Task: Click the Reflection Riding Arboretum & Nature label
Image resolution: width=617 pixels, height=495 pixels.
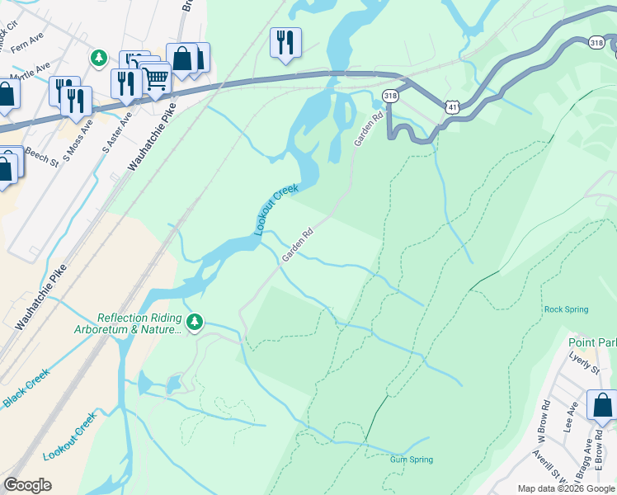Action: point(139,323)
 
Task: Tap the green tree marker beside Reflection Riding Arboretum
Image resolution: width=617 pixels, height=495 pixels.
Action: point(194,322)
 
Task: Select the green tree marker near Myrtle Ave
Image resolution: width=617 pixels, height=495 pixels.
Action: point(99,57)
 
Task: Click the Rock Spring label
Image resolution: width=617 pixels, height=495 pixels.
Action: point(566,309)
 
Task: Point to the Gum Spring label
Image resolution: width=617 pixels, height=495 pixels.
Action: point(411,460)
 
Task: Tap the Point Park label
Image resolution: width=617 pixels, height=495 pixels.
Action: point(592,342)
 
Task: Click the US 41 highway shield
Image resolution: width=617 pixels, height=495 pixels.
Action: point(451,107)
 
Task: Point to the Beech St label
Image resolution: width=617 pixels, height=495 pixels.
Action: point(40,148)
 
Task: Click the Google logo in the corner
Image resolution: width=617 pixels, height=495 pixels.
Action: point(27,484)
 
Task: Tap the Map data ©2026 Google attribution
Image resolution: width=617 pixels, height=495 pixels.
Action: point(566,488)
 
